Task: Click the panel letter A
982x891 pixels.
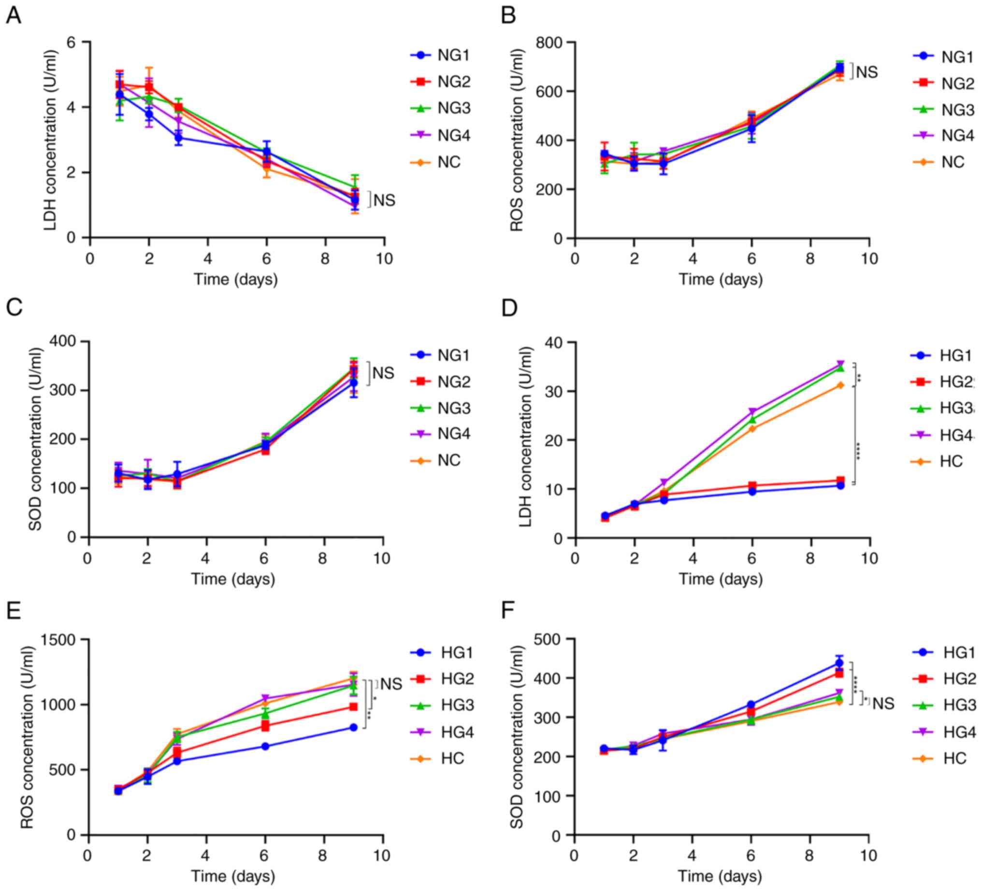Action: coord(14,15)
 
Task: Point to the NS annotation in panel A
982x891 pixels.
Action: coord(384,200)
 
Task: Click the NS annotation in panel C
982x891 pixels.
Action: coord(383,373)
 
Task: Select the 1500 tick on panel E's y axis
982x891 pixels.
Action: coord(60,639)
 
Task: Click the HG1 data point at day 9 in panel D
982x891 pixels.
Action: coord(840,485)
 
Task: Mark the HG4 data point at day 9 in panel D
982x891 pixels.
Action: coord(840,364)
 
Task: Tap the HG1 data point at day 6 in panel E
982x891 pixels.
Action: coord(265,747)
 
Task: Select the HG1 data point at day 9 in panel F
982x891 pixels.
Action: coord(839,663)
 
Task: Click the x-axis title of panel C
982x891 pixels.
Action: coord(233,579)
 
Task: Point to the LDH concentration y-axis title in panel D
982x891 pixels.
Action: coord(526,437)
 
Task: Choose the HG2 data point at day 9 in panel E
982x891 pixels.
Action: coord(353,707)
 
